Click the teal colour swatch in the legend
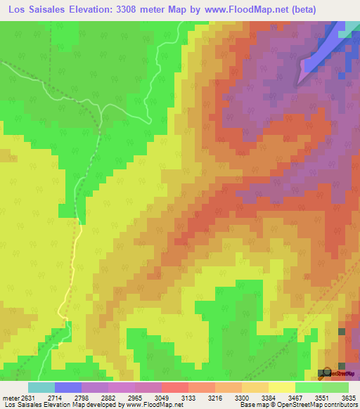(41, 387)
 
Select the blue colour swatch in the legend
(68, 387)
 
